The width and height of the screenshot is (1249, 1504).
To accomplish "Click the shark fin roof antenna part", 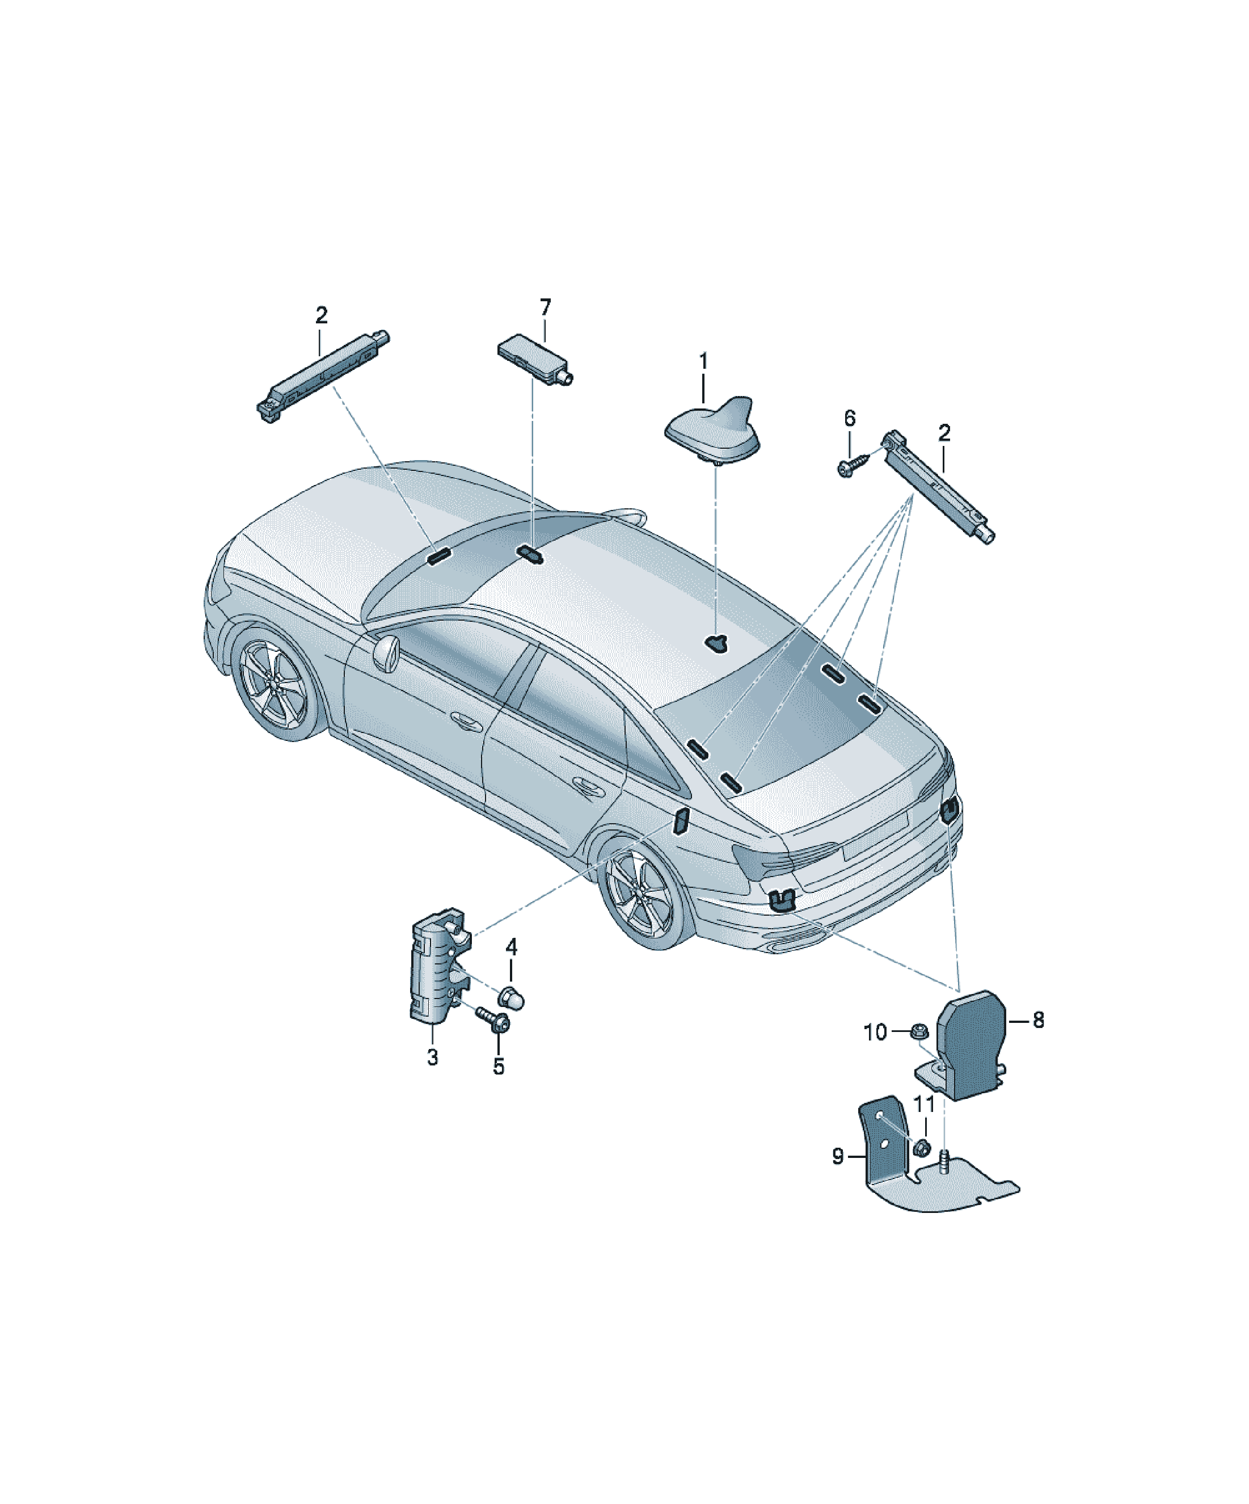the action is click(x=712, y=432).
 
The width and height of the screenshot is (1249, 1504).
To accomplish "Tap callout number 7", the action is click(x=546, y=307).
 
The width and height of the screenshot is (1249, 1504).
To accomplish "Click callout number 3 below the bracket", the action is click(x=433, y=1057).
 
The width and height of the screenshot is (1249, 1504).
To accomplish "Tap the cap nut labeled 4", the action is click(x=512, y=996).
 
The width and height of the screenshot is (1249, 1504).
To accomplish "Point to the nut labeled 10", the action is click(x=919, y=1033).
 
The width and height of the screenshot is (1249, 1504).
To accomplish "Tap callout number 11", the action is click(x=925, y=1105).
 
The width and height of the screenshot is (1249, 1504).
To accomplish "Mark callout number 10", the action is click(x=875, y=1032).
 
